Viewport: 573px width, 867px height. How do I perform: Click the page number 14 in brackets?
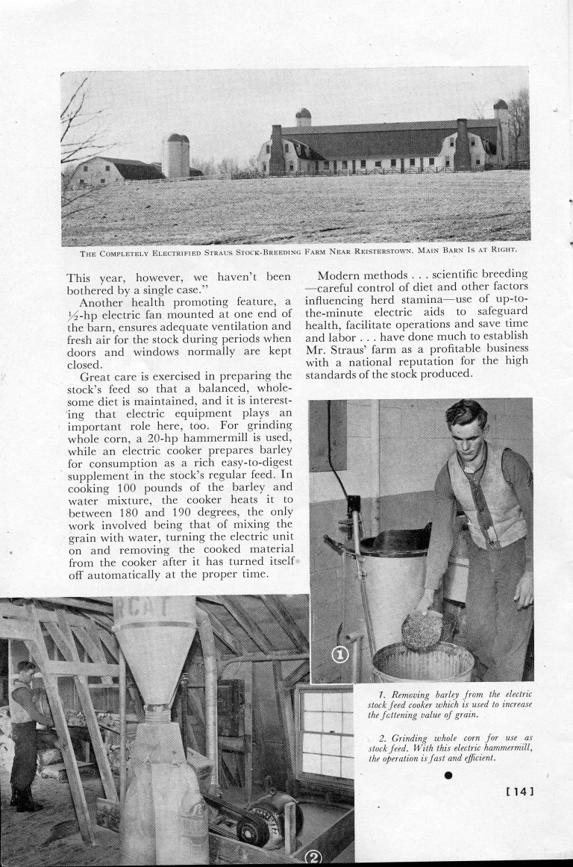pos(520,790)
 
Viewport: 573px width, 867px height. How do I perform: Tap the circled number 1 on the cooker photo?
pos(340,654)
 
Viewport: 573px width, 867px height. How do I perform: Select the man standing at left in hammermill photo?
pos(25,735)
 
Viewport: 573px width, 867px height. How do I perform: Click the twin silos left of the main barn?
pos(175,156)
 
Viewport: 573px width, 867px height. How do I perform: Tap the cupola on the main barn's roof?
pos(303,117)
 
